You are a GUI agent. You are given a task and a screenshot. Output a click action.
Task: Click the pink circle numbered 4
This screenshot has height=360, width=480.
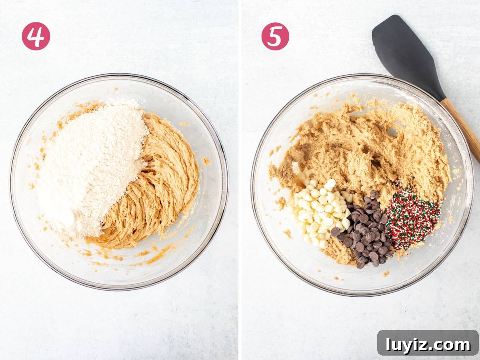click(x=36, y=36)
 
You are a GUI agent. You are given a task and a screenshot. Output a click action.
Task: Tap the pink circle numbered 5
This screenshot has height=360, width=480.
click(x=275, y=36)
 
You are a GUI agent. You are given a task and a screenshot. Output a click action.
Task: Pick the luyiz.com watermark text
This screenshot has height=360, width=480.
click(x=428, y=345)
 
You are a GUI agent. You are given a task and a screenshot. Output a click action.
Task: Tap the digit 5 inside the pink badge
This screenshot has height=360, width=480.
click(x=275, y=37)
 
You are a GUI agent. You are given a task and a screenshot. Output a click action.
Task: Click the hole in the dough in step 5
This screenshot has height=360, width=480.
click(x=392, y=132)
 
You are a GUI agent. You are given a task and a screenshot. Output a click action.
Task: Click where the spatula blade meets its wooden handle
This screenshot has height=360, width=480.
click(x=442, y=99)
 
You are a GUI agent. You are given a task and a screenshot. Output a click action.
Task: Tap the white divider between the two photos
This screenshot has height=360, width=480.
click(x=240, y=180)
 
